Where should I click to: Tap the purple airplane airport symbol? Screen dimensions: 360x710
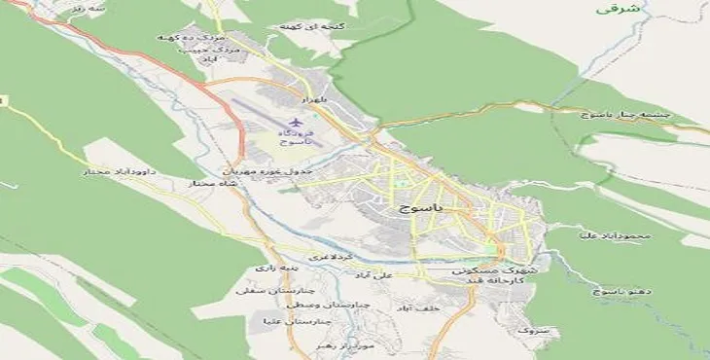[x=283, y=120]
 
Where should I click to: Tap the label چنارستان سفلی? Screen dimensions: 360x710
[x=260, y=289]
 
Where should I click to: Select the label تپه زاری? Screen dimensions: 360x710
[x=270, y=267]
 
